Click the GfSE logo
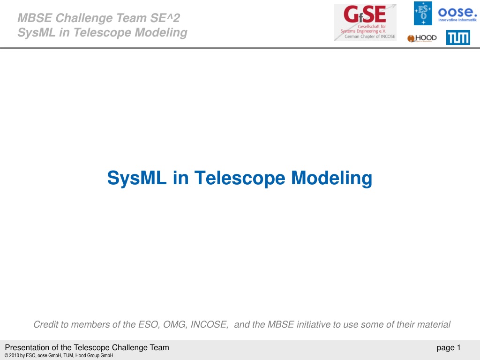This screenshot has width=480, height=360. click(365, 22)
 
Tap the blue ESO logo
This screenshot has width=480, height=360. click(423, 13)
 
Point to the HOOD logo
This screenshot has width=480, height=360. click(422, 38)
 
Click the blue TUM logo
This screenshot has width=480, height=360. click(458, 37)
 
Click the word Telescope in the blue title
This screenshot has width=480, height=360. click(240, 178)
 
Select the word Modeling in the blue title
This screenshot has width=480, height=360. click(331, 178)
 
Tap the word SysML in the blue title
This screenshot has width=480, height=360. click(137, 178)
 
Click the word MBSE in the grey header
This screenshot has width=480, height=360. click(35, 18)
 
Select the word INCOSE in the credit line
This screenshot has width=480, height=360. click(210, 324)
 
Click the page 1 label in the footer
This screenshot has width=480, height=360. click(449, 348)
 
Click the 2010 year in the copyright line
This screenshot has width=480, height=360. click(14, 355)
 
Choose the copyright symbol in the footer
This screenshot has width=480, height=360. click(7, 355)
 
